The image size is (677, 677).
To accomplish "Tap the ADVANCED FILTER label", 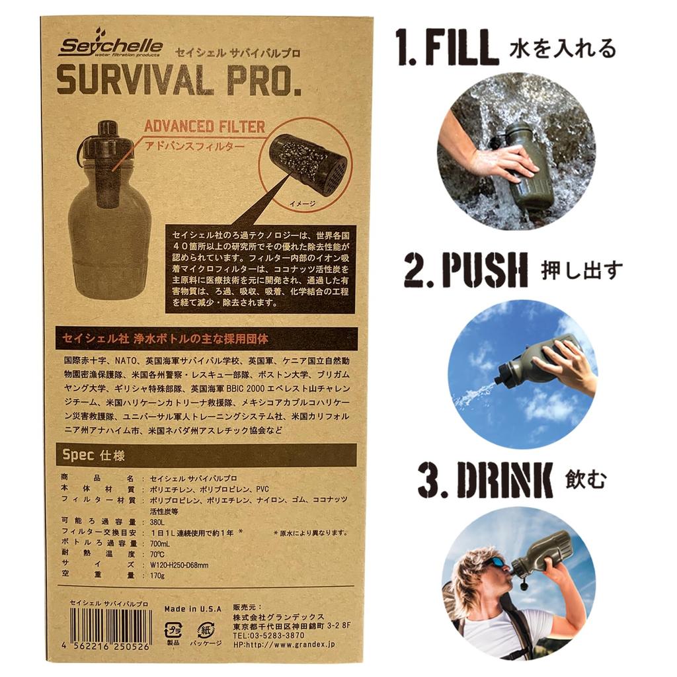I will click(x=204, y=126).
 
